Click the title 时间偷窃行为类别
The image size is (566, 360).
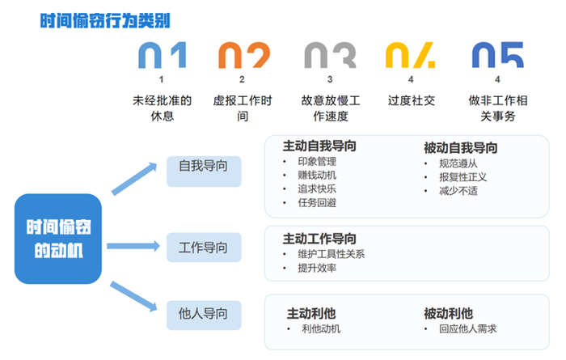(x=105, y=20)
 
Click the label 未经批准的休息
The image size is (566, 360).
(x=162, y=108)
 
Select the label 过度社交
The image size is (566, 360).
(x=411, y=101)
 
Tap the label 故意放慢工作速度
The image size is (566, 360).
(x=330, y=108)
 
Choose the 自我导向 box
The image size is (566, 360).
(x=203, y=166)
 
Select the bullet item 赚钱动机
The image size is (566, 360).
(x=318, y=175)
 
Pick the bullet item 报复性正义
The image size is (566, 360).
(x=463, y=176)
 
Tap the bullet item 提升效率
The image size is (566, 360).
(x=317, y=268)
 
